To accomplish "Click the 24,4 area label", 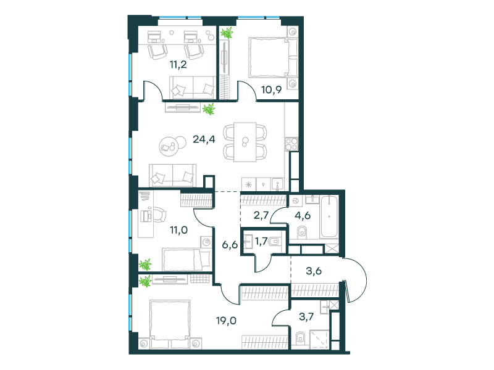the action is pyautogui.click(x=204, y=139).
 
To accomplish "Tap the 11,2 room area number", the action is pyautogui.click(x=178, y=65).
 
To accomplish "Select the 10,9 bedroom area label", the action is pyautogui.click(x=271, y=90).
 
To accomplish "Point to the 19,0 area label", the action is pyautogui.click(x=226, y=321).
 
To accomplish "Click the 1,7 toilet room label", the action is pyautogui.click(x=261, y=241).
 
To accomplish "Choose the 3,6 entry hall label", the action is pyautogui.click(x=314, y=271).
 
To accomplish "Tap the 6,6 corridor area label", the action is pyautogui.click(x=230, y=244).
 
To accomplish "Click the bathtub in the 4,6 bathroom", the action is pyautogui.click(x=329, y=216).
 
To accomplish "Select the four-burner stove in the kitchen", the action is pyautogui.click(x=291, y=144).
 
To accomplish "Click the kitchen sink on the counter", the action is pyautogui.click(x=277, y=184).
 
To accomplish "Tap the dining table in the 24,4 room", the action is pyautogui.click(x=245, y=142).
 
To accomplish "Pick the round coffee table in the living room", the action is pyautogui.click(x=168, y=146).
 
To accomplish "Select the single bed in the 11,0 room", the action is pyautogui.click(x=186, y=259).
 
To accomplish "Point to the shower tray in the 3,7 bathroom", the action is pyautogui.click(x=319, y=340).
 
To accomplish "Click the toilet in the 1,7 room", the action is pyautogui.click(x=274, y=241).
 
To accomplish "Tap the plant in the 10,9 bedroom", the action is pyautogui.click(x=227, y=33).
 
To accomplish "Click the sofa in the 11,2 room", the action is pyautogui.click(x=193, y=88).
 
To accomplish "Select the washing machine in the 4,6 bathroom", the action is pyautogui.click(x=296, y=200).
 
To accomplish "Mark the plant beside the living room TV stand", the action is pyautogui.click(x=209, y=109).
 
